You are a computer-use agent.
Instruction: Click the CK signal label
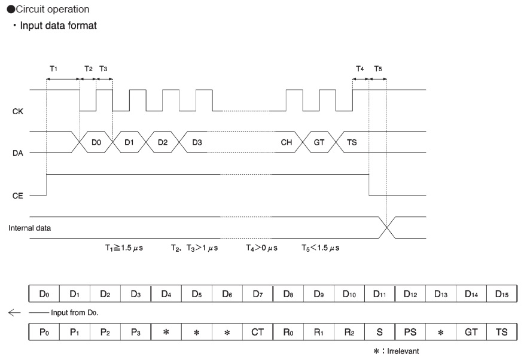(x=17, y=111)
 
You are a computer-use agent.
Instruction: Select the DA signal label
(x=17, y=153)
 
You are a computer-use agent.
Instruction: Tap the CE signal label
(x=17, y=196)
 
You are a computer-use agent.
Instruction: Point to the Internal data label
(x=29, y=228)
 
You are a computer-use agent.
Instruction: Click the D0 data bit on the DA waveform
(x=96, y=142)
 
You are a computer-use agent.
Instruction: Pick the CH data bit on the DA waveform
(x=286, y=142)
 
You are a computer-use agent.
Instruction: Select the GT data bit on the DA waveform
(x=319, y=142)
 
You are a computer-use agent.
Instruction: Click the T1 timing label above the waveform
(x=53, y=69)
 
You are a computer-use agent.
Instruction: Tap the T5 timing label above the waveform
(x=377, y=69)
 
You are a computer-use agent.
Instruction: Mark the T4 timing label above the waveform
(x=360, y=69)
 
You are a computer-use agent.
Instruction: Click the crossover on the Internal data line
(x=386, y=228)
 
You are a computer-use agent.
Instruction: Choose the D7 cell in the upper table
(x=257, y=294)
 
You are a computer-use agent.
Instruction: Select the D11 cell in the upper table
(x=379, y=294)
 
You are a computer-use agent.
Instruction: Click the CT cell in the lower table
(x=257, y=331)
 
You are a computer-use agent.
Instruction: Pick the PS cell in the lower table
(x=410, y=331)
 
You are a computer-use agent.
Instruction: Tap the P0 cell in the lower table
(x=44, y=331)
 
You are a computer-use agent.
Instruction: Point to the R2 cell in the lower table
(x=349, y=331)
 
